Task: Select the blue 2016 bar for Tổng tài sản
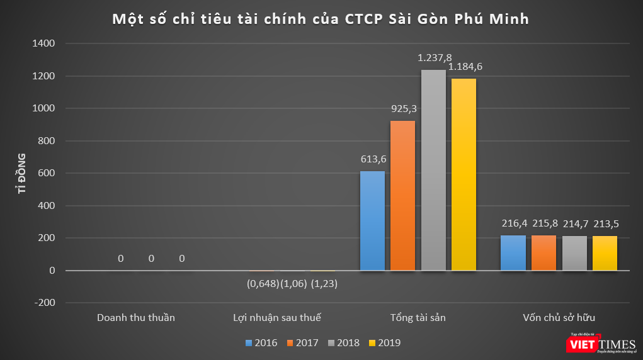pos(372,221)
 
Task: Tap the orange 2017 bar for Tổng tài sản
pos(403,196)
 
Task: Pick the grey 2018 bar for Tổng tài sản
pos(433,170)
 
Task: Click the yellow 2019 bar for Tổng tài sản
pos(464,174)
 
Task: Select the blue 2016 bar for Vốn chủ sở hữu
pos(513,253)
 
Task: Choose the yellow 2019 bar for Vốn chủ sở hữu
pos(605,253)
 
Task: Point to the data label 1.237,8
pos(435,57)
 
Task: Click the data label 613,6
pos(373,160)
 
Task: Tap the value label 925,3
pos(404,109)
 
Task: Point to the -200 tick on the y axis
pos(44,303)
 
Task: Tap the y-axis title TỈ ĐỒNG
pos(21,172)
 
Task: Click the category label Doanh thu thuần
pos(136,318)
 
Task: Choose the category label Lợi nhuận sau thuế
pos(277,318)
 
